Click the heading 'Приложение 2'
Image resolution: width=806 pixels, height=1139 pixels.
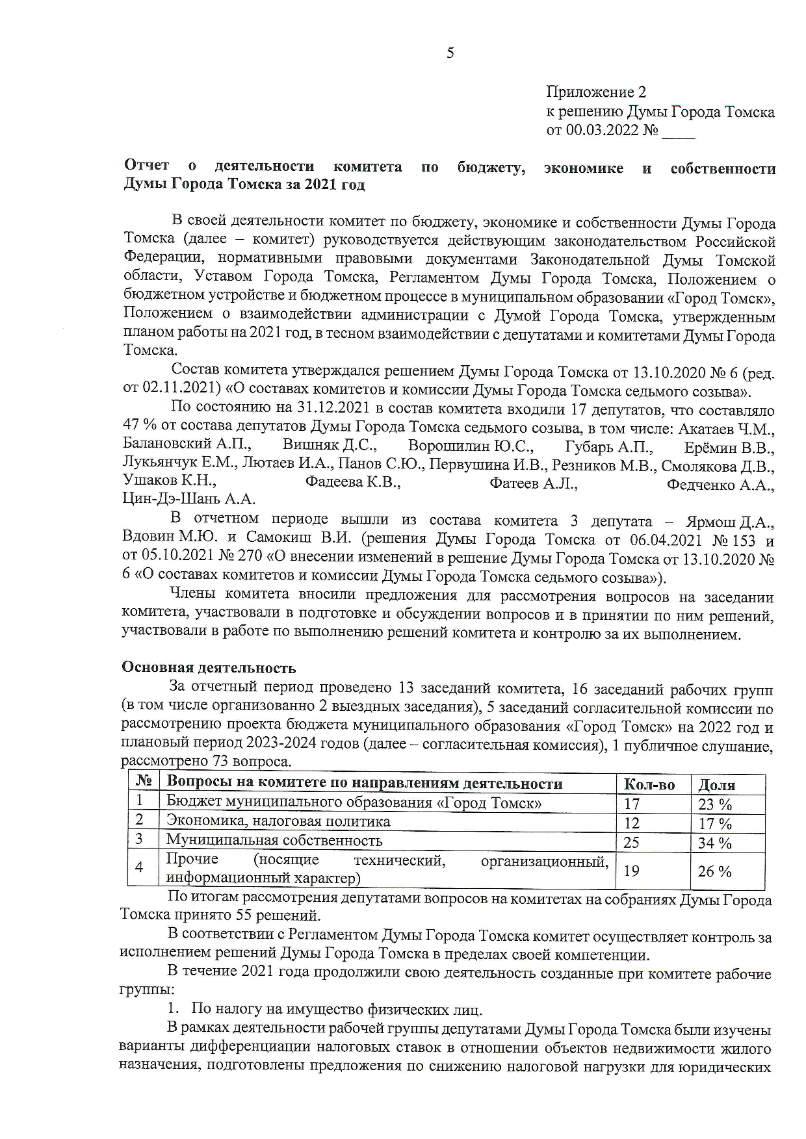point(596,92)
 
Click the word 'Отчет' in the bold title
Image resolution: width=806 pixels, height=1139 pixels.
point(146,166)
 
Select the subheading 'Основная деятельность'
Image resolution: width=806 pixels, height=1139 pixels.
point(209,668)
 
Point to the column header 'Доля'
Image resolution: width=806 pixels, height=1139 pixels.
point(716,785)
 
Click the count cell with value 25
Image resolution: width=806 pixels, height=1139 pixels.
point(631,843)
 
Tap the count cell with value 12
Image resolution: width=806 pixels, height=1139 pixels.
point(631,823)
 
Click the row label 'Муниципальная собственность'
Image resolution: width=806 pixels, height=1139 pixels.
point(274,841)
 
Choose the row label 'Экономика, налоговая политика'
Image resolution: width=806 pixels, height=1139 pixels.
point(278,821)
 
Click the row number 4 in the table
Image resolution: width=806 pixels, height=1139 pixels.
point(138,867)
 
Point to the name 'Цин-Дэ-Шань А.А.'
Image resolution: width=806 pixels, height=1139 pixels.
point(188,500)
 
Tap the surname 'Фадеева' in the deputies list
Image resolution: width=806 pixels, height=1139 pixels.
point(335,483)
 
